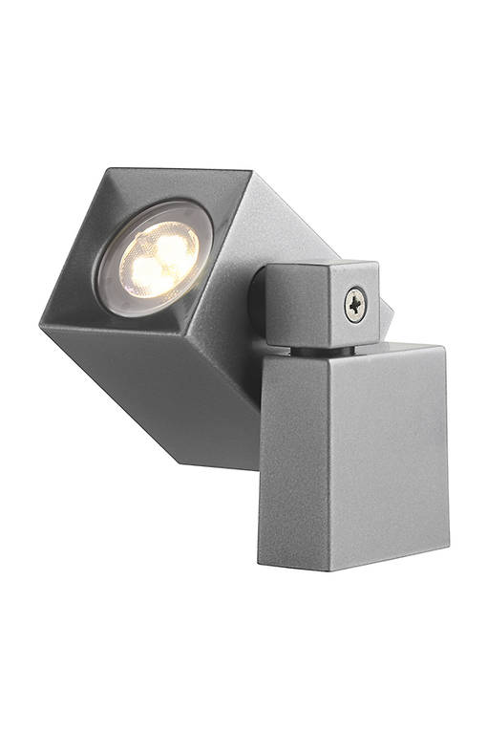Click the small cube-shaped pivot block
point(320,304)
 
